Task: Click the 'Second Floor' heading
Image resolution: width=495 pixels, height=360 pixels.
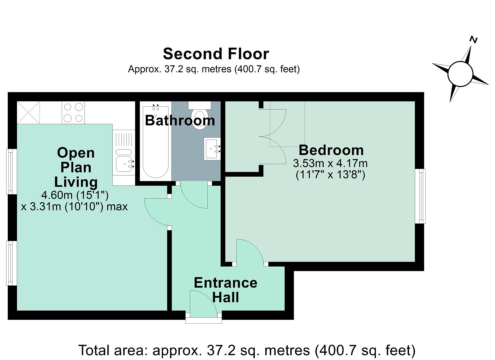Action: tap(216, 54)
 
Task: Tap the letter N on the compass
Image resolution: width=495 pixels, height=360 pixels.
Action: tap(474, 40)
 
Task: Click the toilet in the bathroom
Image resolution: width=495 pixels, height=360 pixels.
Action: tap(200, 115)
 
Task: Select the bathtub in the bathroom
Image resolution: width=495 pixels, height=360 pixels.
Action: tap(156, 141)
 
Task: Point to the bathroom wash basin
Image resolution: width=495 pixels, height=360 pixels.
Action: tap(212, 149)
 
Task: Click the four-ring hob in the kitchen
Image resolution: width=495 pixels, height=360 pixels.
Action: tap(73, 113)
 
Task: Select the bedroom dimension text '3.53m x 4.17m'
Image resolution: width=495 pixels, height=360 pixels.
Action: tap(330, 164)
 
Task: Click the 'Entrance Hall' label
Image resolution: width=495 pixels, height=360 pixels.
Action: tap(226, 290)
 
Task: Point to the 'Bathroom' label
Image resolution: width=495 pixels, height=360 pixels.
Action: tap(180, 121)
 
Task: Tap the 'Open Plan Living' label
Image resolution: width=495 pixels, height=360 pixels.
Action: tap(76, 167)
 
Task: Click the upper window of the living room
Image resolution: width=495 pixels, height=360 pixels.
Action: tap(11, 171)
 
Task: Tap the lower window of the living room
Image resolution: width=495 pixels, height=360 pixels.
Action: tap(11, 263)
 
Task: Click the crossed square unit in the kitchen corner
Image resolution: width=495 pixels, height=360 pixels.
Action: tap(28, 113)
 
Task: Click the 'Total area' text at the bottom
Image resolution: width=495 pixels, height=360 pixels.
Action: tap(247, 350)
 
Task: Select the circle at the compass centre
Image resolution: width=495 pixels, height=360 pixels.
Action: tap(460, 74)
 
